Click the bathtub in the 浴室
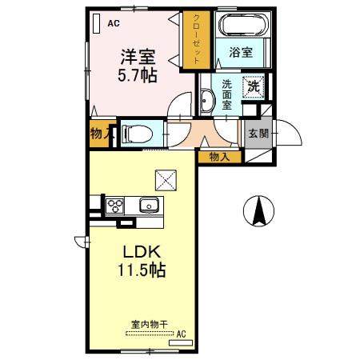tap(242, 24)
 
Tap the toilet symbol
tap(137, 134)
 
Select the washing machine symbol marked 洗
tap(254, 86)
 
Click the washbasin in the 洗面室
tap(207, 101)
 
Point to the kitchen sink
tap(149, 206)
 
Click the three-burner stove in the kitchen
tap(114, 206)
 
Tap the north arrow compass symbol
tap(258, 210)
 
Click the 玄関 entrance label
tap(258, 134)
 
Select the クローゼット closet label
tap(196, 39)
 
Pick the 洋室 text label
tap(138, 57)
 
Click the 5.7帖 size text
tap(138, 75)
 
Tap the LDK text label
tap(142, 251)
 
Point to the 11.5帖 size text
tap(142, 270)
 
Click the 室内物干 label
tap(150, 324)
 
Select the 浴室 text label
tap(241, 52)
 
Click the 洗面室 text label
tap(226, 95)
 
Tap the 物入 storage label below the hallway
tap(219, 157)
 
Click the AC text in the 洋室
tap(114, 23)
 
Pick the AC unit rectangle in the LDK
tap(181, 342)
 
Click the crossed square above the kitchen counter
tap(166, 180)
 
